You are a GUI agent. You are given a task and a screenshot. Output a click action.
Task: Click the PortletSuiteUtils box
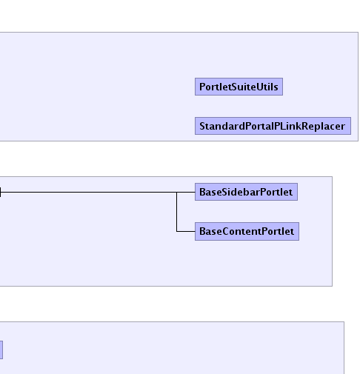[239, 87]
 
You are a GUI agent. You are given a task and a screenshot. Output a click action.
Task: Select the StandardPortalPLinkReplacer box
[273, 126]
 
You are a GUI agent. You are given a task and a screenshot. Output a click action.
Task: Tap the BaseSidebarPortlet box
[246, 192]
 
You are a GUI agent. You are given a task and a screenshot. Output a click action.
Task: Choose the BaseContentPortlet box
[247, 231]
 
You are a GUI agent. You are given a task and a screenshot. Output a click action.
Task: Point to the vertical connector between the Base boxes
[177, 212]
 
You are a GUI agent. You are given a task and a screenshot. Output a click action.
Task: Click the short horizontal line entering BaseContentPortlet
[186, 231]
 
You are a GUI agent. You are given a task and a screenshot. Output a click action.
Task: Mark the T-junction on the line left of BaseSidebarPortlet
[177, 192]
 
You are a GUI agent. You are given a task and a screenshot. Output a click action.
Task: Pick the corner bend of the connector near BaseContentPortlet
[177, 231]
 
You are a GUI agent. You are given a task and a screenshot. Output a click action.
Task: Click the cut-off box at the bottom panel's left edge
[1, 350]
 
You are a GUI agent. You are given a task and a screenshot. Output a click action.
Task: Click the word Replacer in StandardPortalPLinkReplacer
[324, 126]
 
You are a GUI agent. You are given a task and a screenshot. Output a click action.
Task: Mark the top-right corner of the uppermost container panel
[359, 32]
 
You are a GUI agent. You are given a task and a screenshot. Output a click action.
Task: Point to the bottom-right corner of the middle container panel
[333, 286]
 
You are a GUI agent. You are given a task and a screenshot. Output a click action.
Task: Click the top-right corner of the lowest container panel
[344, 322]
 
